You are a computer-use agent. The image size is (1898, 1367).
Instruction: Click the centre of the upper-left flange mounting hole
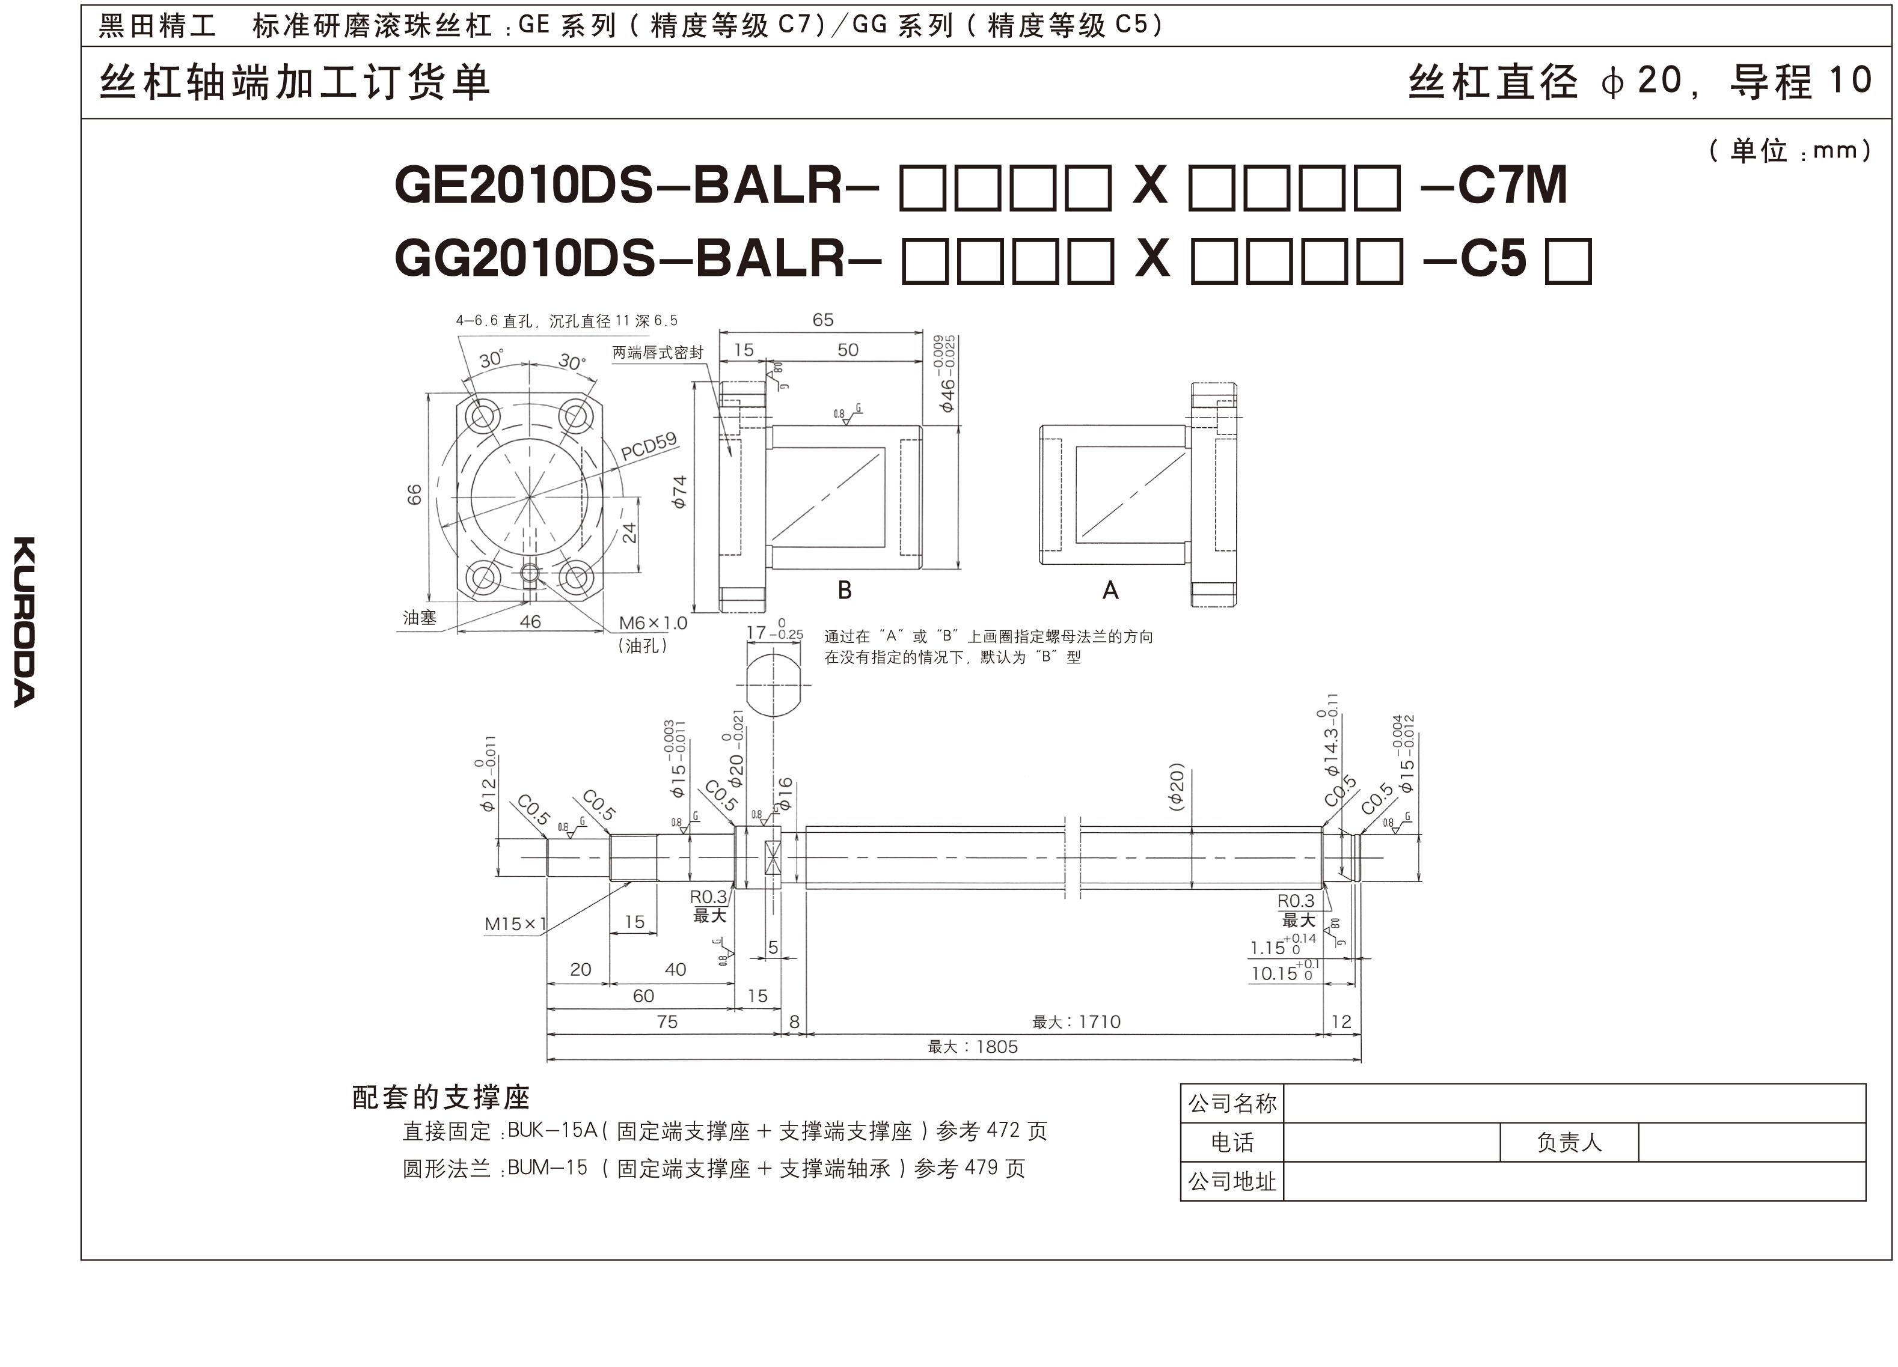[x=484, y=416]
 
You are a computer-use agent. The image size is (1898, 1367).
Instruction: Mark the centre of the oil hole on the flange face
[x=529, y=573]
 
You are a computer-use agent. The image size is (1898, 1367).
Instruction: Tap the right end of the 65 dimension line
[x=922, y=332]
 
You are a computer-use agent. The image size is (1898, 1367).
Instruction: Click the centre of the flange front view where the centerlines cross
[x=529, y=497]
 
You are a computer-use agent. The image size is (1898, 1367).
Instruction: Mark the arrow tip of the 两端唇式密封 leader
[x=732, y=457]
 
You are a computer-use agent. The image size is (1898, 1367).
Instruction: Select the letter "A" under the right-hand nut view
[x=1110, y=591]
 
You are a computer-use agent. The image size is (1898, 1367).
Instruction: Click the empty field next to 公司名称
[x=1574, y=1103]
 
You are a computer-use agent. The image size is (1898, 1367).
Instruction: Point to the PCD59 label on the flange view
[x=649, y=446]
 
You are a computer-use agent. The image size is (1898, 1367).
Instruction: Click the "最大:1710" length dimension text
[x=1076, y=1021]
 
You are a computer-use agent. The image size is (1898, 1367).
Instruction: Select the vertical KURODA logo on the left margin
[x=24, y=621]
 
